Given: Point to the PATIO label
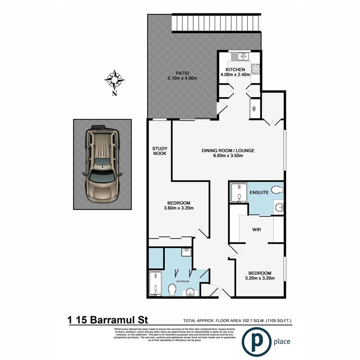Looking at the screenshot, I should click(x=182, y=73).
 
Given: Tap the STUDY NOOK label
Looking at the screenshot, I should click(x=159, y=151).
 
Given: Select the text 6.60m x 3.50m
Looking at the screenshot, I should click(x=228, y=156).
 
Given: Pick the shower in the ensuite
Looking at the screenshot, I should click(x=239, y=192).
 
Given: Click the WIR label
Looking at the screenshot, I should click(x=256, y=230).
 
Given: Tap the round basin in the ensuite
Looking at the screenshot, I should click(x=279, y=207).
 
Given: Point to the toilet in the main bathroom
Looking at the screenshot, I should click(x=172, y=289).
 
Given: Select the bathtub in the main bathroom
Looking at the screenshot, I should click(x=154, y=284).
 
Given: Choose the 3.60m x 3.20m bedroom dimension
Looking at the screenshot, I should click(x=178, y=208).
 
